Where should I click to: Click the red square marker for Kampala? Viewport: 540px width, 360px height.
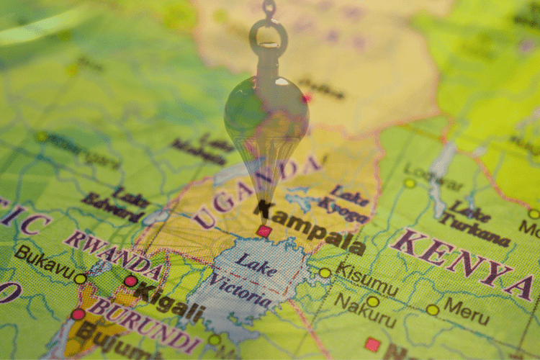click(x=264, y=231)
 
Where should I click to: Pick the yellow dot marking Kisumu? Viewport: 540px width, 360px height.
click(x=325, y=273)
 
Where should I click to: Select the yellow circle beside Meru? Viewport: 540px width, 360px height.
click(x=432, y=310)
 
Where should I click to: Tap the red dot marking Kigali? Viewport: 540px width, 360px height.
click(x=130, y=281)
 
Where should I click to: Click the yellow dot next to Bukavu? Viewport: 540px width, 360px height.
click(x=80, y=279)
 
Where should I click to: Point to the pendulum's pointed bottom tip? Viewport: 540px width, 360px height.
click(x=264, y=209)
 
